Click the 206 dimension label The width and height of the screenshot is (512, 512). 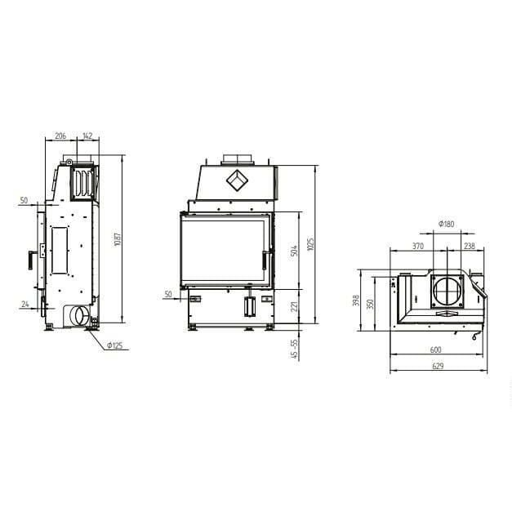pyautogui.click(x=60, y=136)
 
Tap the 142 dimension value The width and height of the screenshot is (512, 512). pyautogui.click(x=87, y=136)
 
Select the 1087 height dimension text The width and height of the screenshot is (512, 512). pyautogui.click(x=118, y=239)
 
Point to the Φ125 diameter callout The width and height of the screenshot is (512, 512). pyautogui.click(x=115, y=345)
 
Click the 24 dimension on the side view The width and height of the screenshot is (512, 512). pyautogui.click(x=25, y=304)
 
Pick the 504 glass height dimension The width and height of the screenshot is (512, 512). pyautogui.click(x=294, y=251)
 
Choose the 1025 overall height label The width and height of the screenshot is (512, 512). pyautogui.click(x=310, y=244)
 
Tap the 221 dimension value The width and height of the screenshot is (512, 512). pyautogui.click(x=294, y=306)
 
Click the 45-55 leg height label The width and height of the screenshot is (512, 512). pyautogui.click(x=294, y=349)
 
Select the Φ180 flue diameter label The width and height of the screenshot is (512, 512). pyautogui.click(x=447, y=224)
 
